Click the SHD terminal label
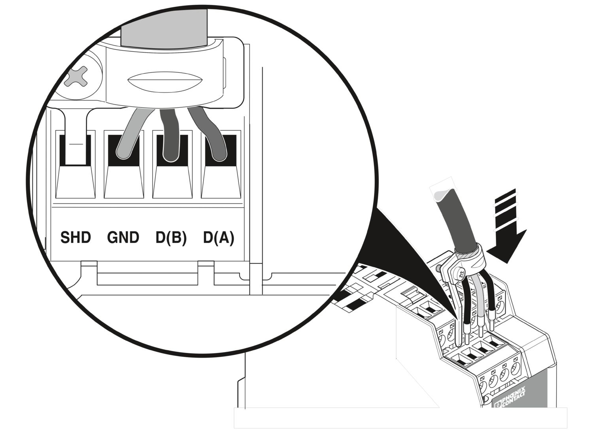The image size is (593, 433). [x=76, y=238]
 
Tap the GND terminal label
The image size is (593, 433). [x=123, y=238]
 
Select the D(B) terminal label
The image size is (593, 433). [x=171, y=238]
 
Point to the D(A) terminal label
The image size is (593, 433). [x=219, y=238]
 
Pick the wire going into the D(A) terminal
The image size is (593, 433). [x=210, y=134]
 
